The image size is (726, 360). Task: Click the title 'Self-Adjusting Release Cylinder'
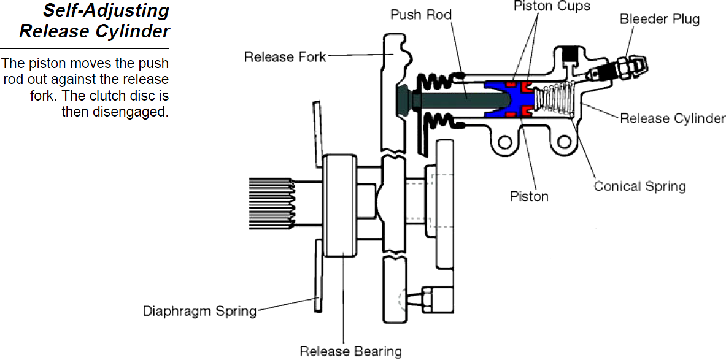[94, 21]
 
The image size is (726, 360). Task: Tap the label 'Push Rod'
[421, 14]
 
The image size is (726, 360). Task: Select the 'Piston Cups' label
[551, 7]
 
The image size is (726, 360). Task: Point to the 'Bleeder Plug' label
[659, 19]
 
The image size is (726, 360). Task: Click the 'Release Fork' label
[285, 57]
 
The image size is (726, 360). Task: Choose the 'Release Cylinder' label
[672, 118]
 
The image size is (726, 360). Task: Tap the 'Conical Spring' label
[639, 186]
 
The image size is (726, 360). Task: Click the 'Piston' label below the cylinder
[529, 196]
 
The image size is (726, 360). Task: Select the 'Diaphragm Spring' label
[199, 310]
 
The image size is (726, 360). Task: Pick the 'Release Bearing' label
[350, 351]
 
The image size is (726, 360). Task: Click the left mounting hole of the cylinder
[504, 143]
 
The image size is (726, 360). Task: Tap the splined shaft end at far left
[271, 203]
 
